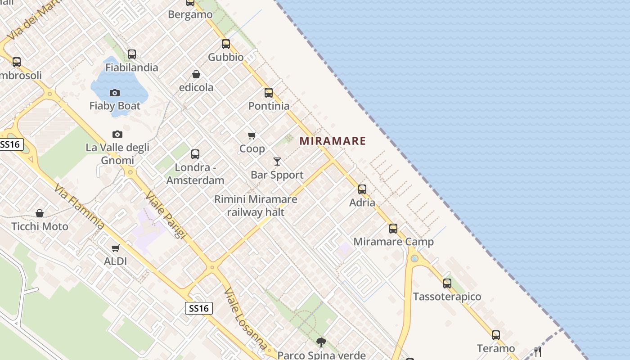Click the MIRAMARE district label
(x=333, y=141)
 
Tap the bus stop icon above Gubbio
(x=226, y=44)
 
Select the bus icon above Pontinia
(x=269, y=93)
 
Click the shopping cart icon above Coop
(x=252, y=135)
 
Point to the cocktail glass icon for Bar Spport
(x=277, y=162)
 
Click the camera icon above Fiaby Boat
(x=115, y=93)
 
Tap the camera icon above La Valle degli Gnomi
(x=117, y=135)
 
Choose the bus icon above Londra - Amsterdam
(x=195, y=154)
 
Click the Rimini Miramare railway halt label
(x=256, y=206)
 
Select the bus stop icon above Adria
(x=362, y=189)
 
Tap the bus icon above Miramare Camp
(x=393, y=229)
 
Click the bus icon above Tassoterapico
(x=447, y=283)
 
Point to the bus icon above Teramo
(x=496, y=335)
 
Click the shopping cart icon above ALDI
(x=116, y=248)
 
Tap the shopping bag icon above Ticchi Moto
(x=40, y=213)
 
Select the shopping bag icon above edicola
(x=196, y=74)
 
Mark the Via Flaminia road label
(x=79, y=207)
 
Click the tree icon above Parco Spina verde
(x=321, y=342)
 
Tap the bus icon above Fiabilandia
(x=132, y=54)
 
